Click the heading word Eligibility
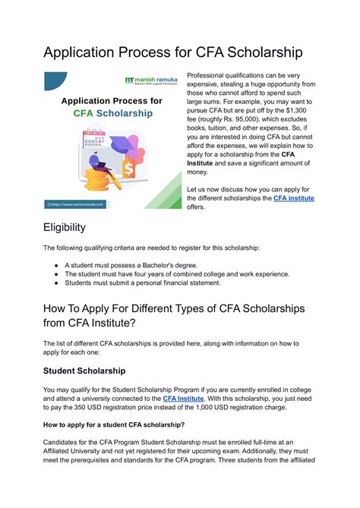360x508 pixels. pos(65,227)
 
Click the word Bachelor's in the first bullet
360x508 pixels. pos(159,264)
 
